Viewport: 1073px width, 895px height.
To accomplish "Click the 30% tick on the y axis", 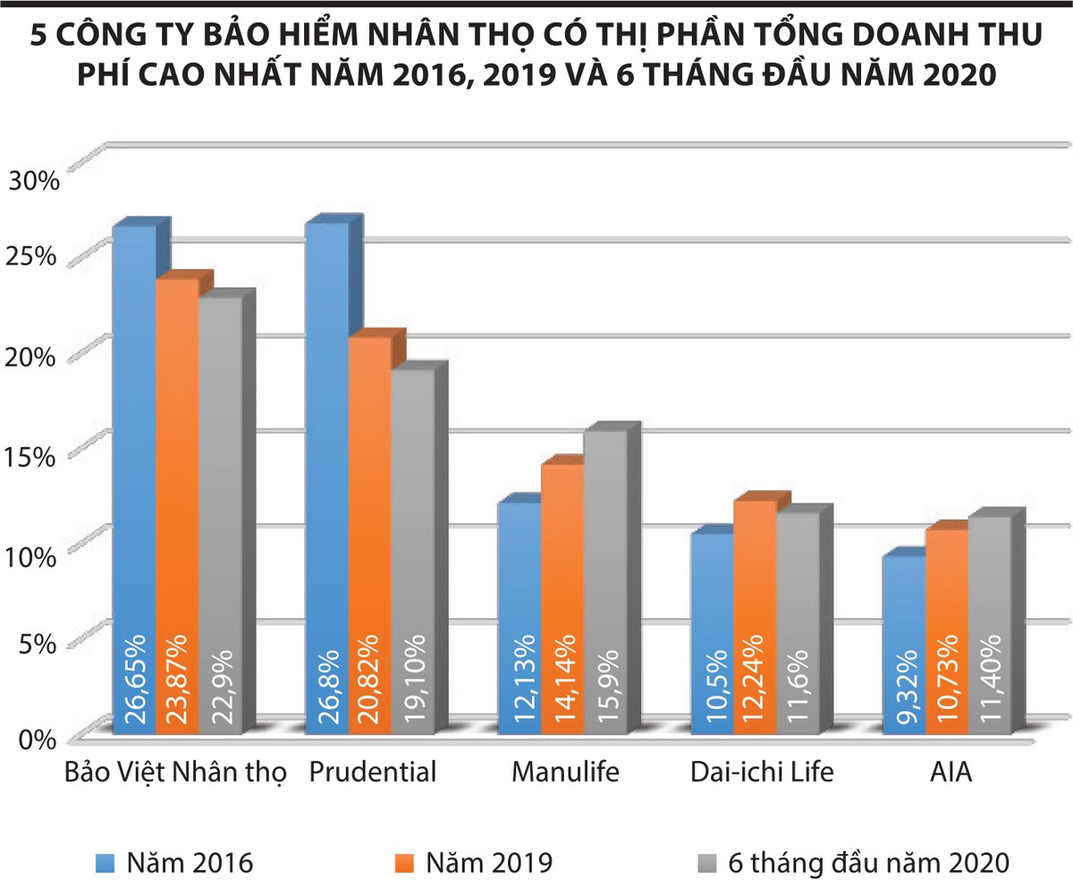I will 33,182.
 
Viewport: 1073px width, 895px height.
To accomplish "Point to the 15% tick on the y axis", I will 33,456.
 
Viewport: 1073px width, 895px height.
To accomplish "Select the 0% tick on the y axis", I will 38,739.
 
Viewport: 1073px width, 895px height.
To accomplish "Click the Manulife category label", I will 565,772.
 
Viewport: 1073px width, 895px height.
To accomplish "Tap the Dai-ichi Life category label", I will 762,772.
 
